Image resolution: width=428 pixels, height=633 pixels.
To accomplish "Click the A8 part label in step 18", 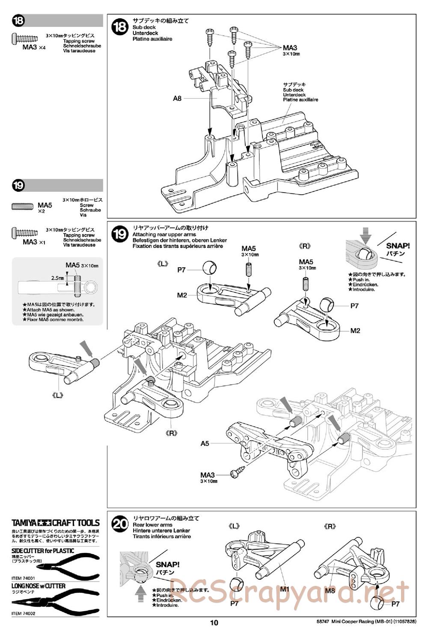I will (x=177, y=98).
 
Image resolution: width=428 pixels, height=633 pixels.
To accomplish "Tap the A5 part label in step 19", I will (x=205, y=443).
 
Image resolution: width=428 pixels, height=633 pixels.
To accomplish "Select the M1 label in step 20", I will (x=285, y=589).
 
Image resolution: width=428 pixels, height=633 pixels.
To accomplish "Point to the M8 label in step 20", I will (x=330, y=591).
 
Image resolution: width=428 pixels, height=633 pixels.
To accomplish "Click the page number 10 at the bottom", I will (x=214, y=623).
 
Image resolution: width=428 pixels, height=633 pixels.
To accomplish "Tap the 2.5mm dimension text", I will (x=57, y=278).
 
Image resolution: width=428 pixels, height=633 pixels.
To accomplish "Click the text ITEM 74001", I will (x=23, y=578).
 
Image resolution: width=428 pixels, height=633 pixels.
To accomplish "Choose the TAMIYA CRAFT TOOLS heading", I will (x=56, y=523).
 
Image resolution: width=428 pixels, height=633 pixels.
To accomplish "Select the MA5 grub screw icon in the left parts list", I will (x=23, y=206).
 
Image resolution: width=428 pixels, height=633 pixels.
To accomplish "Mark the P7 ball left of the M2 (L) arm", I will (x=209, y=268).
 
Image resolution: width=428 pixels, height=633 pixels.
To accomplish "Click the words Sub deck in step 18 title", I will (x=144, y=27).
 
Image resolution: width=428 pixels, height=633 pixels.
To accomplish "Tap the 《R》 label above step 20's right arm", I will (x=330, y=526).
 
